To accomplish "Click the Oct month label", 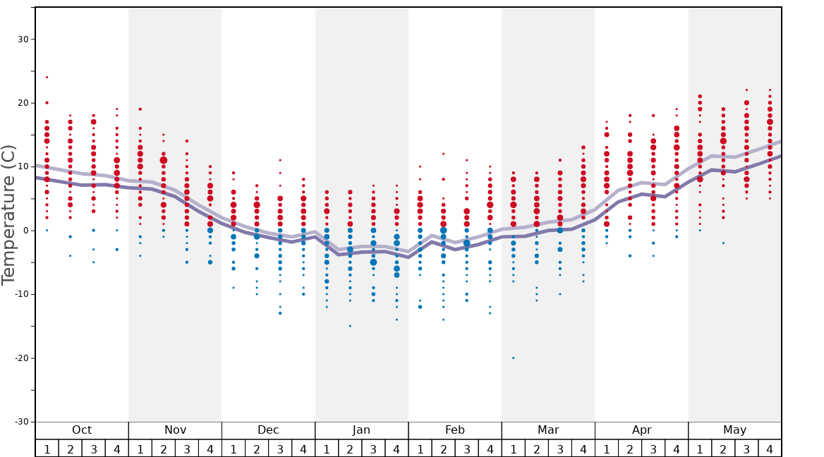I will pos(82,430).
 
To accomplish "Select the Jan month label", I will pos(361,430).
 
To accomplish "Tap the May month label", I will pos(734,430).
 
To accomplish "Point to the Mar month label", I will pos(548,430).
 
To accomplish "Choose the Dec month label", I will pos(268,430).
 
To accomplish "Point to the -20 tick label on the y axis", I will pos(21,358).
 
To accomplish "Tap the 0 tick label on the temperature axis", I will pos(27,231).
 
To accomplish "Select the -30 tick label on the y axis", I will pos(21,422).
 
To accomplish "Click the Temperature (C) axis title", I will pos(9,214).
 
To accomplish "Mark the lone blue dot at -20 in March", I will pos(513,358).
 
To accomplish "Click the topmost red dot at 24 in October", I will pos(47,78).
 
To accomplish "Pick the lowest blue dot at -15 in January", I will pos(350,326).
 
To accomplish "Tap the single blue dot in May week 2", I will pos(723,243).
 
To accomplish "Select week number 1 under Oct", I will pos(47,449).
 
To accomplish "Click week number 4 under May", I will pos(770,449).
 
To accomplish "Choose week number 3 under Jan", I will pos(373,449).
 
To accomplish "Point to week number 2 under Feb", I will pos(443,449).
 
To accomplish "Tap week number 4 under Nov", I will pos(210,449).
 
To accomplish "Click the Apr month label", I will pos(641,430).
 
